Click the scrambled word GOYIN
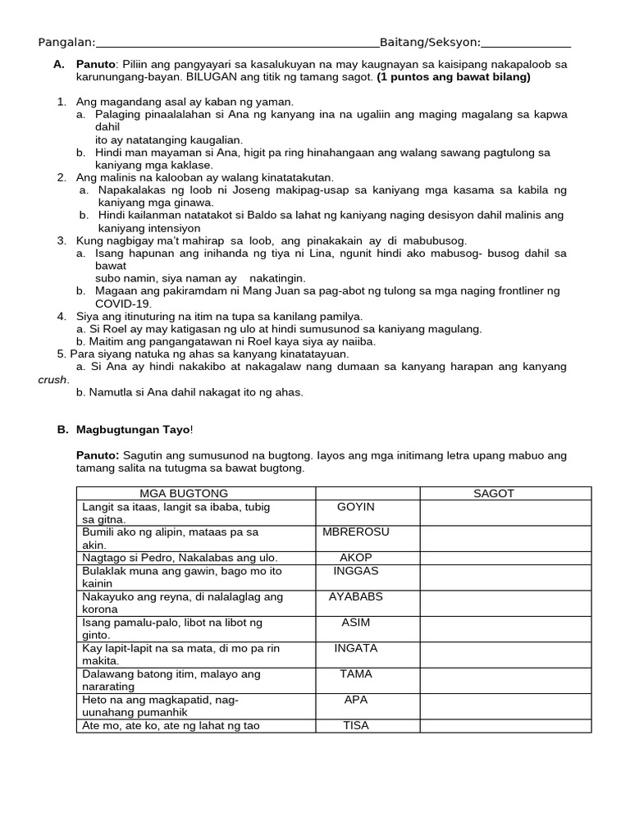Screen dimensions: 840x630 (x=355, y=507)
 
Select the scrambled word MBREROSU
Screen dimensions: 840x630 (x=356, y=532)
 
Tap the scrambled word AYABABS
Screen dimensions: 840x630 (x=355, y=596)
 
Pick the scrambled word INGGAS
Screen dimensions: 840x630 (x=355, y=570)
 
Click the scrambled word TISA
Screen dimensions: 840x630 (x=355, y=725)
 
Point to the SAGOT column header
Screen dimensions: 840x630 (x=494, y=493)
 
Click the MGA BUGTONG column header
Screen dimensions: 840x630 (x=184, y=493)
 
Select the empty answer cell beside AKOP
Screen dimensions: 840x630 (x=505, y=557)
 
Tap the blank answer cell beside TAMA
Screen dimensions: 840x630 (x=505, y=681)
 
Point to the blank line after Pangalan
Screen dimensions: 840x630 (x=237, y=44)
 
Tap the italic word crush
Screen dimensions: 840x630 (x=53, y=380)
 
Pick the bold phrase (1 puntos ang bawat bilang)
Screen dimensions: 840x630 (x=454, y=77)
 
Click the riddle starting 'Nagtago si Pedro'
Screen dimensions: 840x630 (x=180, y=557)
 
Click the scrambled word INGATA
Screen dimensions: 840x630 (x=355, y=648)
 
